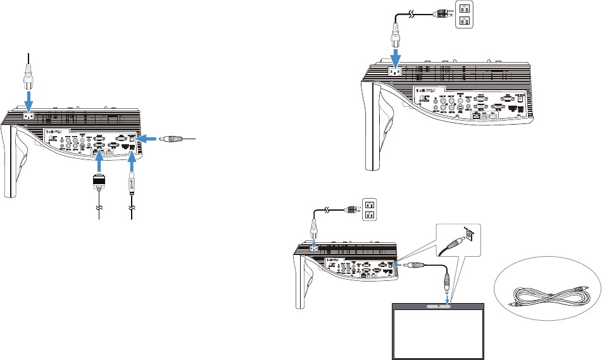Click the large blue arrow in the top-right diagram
(x=395, y=58)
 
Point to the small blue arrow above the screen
(x=448, y=297)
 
